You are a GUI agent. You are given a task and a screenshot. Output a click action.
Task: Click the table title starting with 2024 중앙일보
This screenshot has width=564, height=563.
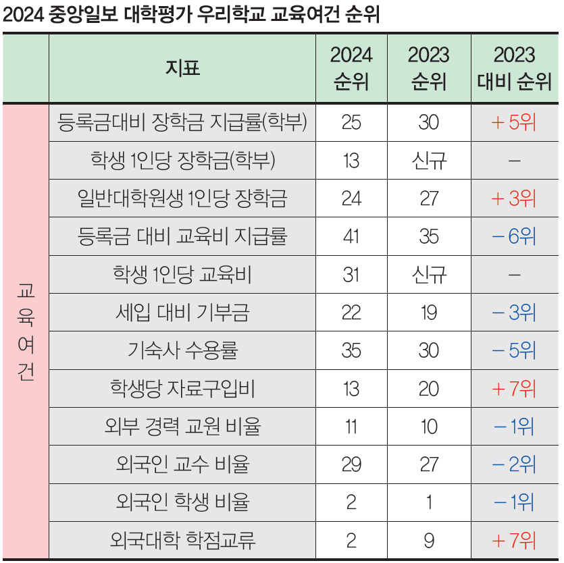pyautogui.click(x=190, y=15)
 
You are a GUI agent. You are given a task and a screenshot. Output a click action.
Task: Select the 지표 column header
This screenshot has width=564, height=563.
pyautogui.click(x=182, y=68)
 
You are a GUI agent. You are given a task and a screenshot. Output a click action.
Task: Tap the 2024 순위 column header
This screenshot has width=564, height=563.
pyautogui.click(x=351, y=68)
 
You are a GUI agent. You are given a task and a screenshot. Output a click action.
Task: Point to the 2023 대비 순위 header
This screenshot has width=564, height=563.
pyautogui.click(x=515, y=68)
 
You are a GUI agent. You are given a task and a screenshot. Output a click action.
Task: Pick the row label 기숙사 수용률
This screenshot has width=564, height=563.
pyautogui.click(x=182, y=350)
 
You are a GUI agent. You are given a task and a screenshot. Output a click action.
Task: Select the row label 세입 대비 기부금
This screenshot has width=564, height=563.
pyautogui.click(x=182, y=313)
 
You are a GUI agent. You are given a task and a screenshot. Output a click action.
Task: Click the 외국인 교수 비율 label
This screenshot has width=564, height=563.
pyautogui.click(x=182, y=464)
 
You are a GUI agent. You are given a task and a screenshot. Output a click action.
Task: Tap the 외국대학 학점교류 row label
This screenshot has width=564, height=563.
pyautogui.click(x=182, y=541)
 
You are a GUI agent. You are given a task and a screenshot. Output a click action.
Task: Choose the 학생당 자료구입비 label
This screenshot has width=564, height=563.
pyautogui.click(x=182, y=389)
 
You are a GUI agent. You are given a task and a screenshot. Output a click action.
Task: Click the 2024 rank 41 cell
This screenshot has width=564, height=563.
pyautogui.click(x=351, y=236)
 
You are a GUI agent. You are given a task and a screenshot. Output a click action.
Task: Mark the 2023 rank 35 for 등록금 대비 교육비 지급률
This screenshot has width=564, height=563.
pyautogui.click(x=428, y=236)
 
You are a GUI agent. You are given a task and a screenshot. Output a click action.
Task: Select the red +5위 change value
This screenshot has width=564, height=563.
pyautogui.click(x=515, y=122)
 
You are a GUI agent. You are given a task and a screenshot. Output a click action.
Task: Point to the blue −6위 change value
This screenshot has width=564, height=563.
pyautogui.click(x=515, y=236)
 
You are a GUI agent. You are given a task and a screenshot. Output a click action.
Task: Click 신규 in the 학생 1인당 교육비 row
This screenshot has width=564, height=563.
pyautogui.click(x=428, y=275)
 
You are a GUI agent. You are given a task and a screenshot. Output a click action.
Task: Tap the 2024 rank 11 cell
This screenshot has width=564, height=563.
pyautogui.click(x=351, y=427)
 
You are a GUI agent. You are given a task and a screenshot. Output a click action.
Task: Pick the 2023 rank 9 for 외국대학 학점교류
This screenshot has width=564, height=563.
pyautogui.click(x=428, y=541)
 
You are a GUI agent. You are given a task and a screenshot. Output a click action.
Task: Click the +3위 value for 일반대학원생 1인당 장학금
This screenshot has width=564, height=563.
pyautogui.click(x=515, y=198)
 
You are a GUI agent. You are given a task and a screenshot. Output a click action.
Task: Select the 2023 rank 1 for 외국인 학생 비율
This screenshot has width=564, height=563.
pyautogui.click(x=428, y=502)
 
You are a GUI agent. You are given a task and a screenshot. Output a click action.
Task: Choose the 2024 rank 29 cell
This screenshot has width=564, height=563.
pyautogui.click(x=351, y=464)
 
